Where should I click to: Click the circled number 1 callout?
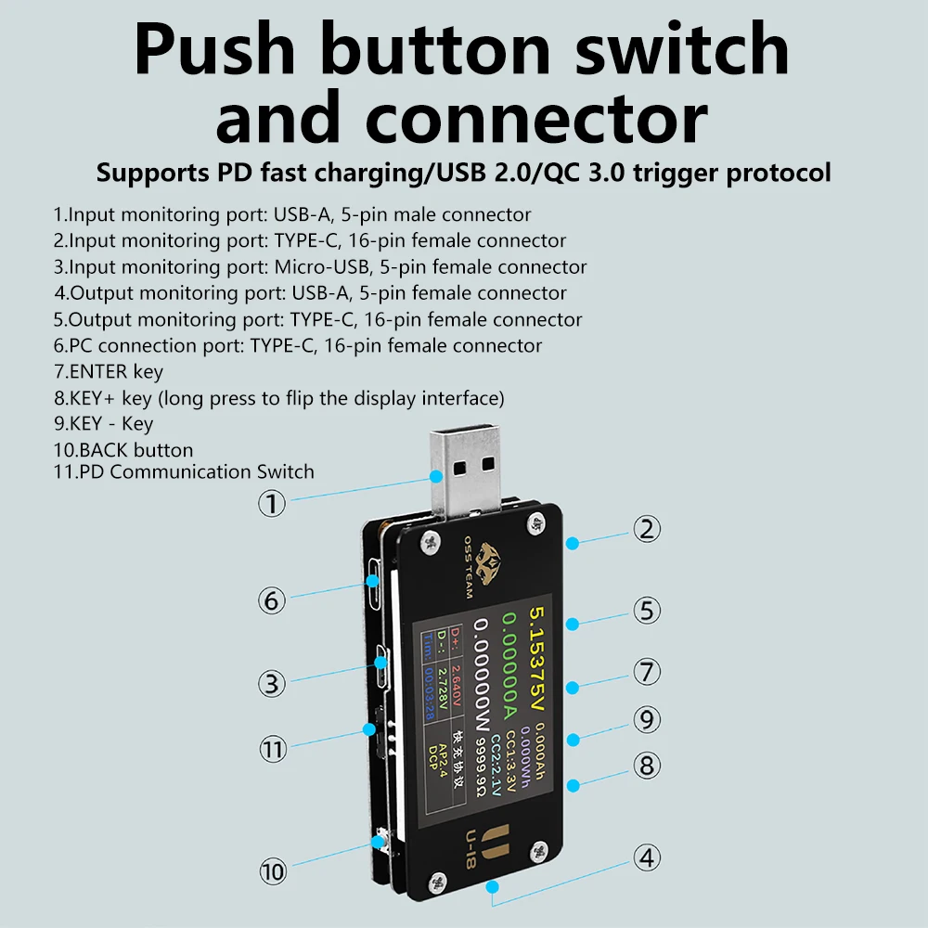270,504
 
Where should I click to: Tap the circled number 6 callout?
271,599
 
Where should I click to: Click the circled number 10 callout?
272,871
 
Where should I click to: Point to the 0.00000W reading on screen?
482,687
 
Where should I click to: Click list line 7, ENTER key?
109,371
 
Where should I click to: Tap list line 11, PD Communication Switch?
184,471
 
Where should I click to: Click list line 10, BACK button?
123,450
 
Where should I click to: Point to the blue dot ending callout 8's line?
573,785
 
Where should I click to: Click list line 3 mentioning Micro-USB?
320,267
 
